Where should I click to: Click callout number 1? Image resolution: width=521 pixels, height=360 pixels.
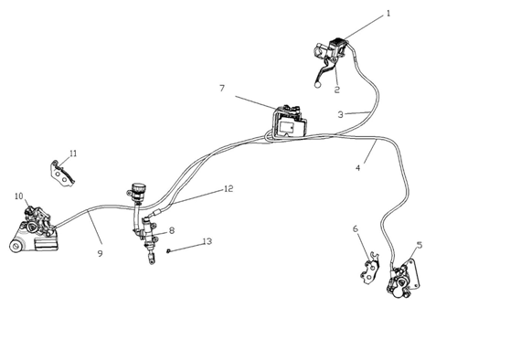[x=388, y=14]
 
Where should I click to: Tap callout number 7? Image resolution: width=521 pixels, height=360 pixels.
[x=222, y=89]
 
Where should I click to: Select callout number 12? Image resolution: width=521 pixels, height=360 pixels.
[x=229, y=188]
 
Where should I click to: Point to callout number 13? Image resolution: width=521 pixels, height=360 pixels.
[x=207, y=241]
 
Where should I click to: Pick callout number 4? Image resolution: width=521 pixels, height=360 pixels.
[x=358, y=168]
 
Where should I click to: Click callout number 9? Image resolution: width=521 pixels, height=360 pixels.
[x=100, y=253]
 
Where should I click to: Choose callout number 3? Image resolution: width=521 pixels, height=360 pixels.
[x=341, y=114]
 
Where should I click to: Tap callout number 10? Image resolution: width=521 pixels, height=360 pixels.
[x=19, y=196]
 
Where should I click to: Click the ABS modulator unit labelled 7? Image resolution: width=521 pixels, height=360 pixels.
[x=289, y=122]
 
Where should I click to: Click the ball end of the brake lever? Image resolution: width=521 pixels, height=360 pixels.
[x=317, y=85]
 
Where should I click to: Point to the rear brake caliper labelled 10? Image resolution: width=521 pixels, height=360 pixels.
[x=35, y=229]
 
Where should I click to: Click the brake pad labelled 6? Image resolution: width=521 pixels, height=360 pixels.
[x=370, y=269]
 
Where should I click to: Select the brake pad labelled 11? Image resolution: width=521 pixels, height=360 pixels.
[x=62, y=174]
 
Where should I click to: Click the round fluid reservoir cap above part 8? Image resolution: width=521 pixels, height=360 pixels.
[x=136, y=187]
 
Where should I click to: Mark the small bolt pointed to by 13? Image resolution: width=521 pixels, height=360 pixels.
[x=169, y=251]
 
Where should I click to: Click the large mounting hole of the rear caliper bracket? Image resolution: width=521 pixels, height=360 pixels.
[x=16, y=247]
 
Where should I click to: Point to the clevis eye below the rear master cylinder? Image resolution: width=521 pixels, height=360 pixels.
[x=152, y=260]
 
